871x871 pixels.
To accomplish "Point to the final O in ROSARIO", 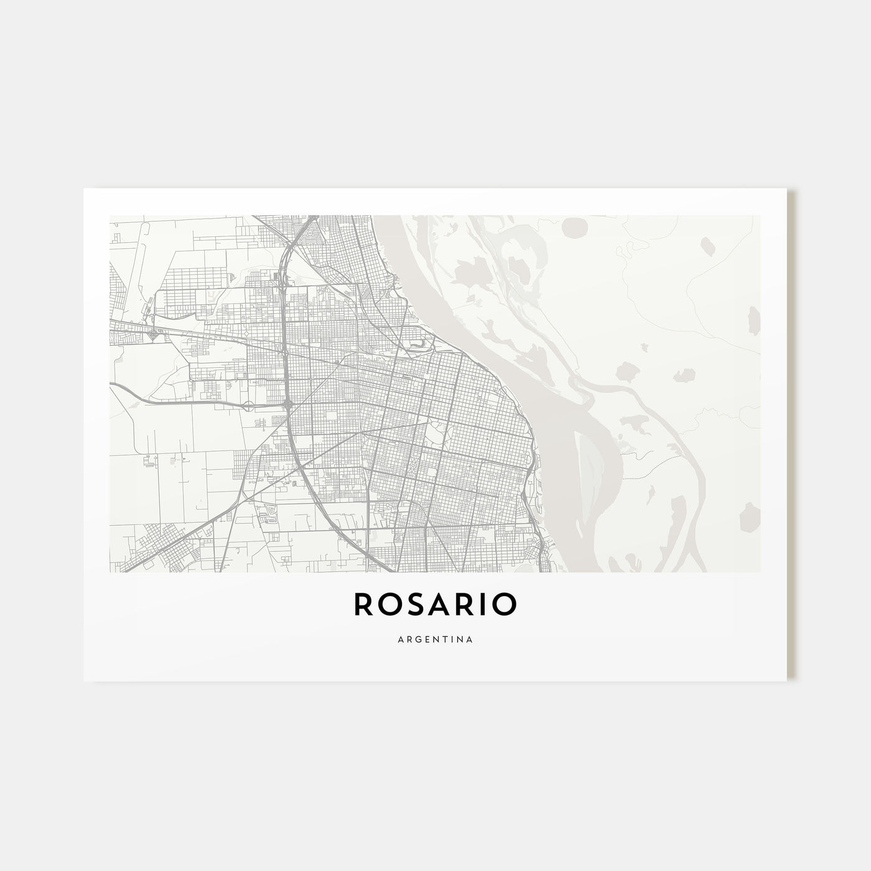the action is [x=504, y=605].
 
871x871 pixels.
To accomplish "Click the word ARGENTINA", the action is [x=435, y=639].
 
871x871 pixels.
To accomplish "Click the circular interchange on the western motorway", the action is [x=249, y=406].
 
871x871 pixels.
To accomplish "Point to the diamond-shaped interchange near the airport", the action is [x=152, y=335].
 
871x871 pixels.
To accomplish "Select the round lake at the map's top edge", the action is [x=571, y=230].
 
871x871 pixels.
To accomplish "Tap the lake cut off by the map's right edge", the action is [x=753, y=320].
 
